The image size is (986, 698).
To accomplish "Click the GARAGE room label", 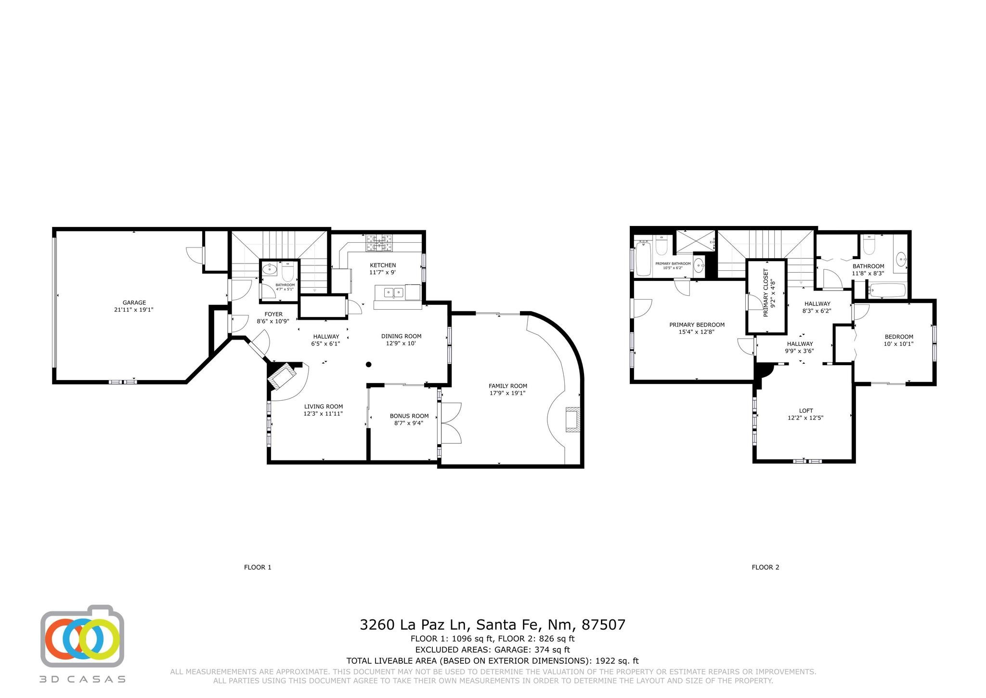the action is [x=134, y=303].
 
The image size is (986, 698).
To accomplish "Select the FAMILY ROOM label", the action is [x=508, y=386].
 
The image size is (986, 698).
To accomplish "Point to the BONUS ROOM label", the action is [x=409, y=416].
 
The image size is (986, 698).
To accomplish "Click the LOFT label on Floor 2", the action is [x=806, y=411].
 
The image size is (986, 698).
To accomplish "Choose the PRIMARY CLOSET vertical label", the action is [x=766, y=293].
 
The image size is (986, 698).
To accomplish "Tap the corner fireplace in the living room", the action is [x=282, y=375].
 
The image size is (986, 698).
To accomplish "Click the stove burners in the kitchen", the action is [x=380, y=243].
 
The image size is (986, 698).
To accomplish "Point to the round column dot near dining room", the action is [x=368, y=365].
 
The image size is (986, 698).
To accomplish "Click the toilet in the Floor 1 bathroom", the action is [x=288, y=272].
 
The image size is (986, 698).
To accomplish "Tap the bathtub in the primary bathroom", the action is [x=644, y=259].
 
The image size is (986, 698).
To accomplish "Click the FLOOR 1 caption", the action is [x=258, y=567].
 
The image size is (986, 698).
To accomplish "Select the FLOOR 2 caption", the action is [x=765, y=567].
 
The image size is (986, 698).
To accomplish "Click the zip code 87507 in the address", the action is [x=603, y=625].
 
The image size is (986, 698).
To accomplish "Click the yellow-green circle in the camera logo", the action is [x=99, y=640].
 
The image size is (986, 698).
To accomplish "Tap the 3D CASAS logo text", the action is [x=82, y=679].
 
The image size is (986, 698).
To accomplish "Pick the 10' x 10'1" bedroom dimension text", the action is [x=898, y=344].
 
